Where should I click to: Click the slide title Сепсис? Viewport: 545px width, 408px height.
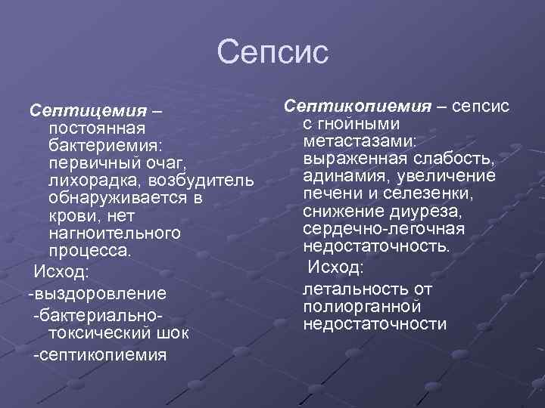tap(272, 53)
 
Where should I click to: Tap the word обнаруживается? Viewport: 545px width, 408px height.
tap(116, 199)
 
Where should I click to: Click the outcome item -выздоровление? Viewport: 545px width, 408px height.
tap(97, 292)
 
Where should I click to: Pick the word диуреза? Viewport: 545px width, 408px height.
tap(419, 211)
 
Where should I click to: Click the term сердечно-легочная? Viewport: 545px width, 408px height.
tap(383, 229)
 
